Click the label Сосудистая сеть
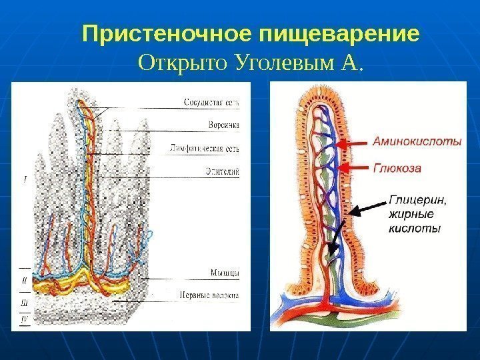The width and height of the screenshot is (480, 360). click(x=211, y=103)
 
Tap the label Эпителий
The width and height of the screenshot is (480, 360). click(x=223, y=171)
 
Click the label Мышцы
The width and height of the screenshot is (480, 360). click(x=225, y=273)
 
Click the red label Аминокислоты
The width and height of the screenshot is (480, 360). click(x=416, y=142)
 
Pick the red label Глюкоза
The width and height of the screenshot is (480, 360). click(x=397, y=169)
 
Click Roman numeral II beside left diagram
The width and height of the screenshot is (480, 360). click(x=25, y=281)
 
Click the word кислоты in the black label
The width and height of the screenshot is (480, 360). click(x=413, y=229)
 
